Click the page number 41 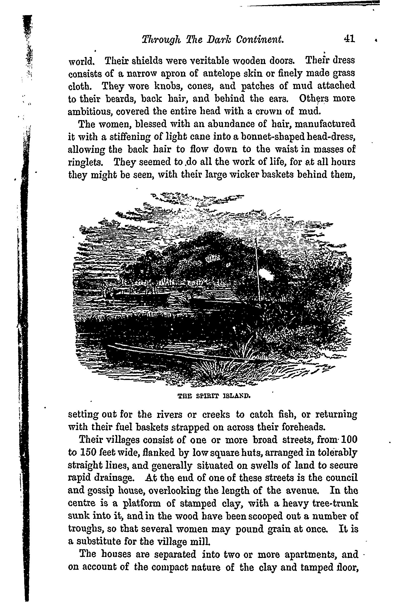point(349,39)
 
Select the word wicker point(237,175)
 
